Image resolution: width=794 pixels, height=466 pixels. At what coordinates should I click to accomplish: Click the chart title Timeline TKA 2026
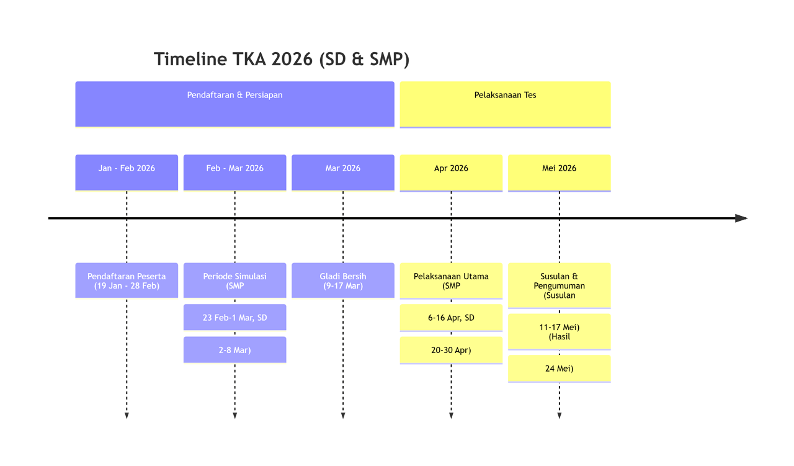coord(281,60)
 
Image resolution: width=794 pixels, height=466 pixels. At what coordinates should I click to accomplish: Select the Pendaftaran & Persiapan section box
coord(234,104)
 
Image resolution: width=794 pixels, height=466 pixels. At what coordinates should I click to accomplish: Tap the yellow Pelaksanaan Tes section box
coord(505,104)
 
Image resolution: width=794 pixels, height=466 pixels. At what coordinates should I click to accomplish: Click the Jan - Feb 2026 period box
coord(127,172)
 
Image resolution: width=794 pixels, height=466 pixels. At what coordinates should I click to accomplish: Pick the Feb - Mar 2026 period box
coord(234,172)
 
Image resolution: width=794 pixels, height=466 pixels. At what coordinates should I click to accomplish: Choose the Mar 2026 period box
coord(342,172)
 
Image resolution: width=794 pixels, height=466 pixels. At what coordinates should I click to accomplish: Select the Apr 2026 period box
coord(451,172)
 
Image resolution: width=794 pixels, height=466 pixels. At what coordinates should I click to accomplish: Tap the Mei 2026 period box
coord(559,172)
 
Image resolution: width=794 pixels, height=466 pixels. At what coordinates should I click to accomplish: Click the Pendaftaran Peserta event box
coord(127,280)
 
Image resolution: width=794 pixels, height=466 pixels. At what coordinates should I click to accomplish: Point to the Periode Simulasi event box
coord(234,280)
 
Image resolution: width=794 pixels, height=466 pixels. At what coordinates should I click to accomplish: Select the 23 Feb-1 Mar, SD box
coord(234,317)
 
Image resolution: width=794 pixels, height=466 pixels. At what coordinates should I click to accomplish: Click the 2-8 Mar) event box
coord(234,349)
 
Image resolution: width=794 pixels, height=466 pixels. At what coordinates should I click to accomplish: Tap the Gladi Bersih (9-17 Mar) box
coord(342,280)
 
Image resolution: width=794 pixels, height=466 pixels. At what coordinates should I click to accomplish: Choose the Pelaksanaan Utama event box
coord(451,280)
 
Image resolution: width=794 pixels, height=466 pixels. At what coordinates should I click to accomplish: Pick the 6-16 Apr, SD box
coord(451,317)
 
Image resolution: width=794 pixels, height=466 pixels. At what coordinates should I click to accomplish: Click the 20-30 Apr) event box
coord(451,350)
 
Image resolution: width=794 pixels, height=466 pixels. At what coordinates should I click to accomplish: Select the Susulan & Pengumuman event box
coord(559,285)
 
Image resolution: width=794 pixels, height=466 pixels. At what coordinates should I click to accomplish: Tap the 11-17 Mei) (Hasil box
coord(559,331)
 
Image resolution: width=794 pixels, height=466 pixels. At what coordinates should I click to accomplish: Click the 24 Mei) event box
coord(559,368)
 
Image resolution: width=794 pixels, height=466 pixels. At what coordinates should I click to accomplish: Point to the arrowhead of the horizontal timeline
coord(741,218)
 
